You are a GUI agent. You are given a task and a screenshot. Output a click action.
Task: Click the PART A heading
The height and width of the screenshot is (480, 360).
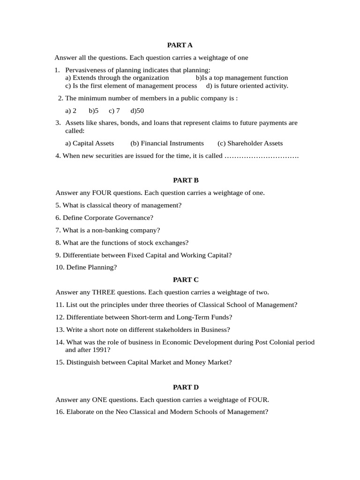(180, 45)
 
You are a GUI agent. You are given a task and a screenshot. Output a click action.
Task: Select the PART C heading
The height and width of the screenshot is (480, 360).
(186, 280)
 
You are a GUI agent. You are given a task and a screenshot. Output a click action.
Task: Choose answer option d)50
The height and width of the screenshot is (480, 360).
(137, 111)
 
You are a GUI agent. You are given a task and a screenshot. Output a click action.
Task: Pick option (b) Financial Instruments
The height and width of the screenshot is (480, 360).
(167, 143)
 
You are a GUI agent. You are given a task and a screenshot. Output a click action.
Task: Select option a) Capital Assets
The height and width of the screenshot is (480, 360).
(90, 143)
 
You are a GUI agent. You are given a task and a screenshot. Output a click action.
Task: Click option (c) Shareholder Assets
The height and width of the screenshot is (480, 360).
(250, 143)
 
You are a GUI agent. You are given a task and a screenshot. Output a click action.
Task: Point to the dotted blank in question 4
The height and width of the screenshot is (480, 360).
(262, 156)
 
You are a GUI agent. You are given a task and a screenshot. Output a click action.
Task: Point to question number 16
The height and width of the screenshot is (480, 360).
(60, 412)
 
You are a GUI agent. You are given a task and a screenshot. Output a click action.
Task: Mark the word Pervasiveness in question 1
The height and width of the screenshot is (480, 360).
(86, 70)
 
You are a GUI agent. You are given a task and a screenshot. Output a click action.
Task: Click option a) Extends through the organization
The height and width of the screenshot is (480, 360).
(117, 78)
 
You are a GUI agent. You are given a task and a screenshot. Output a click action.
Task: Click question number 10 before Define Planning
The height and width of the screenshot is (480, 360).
(60, 267)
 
